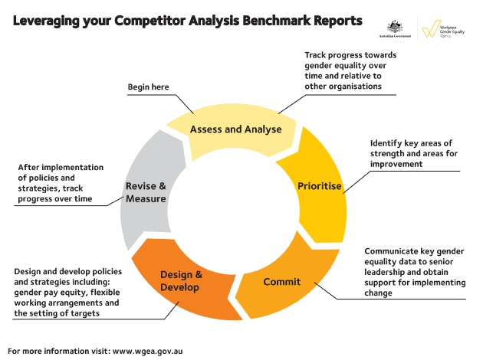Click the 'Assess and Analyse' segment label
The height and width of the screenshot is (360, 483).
click(235, 129)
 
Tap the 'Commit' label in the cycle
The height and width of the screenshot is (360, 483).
click(282, 281)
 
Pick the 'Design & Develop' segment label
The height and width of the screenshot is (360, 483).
click(181, 280)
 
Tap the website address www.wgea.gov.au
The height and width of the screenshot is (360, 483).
click(148, 352)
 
